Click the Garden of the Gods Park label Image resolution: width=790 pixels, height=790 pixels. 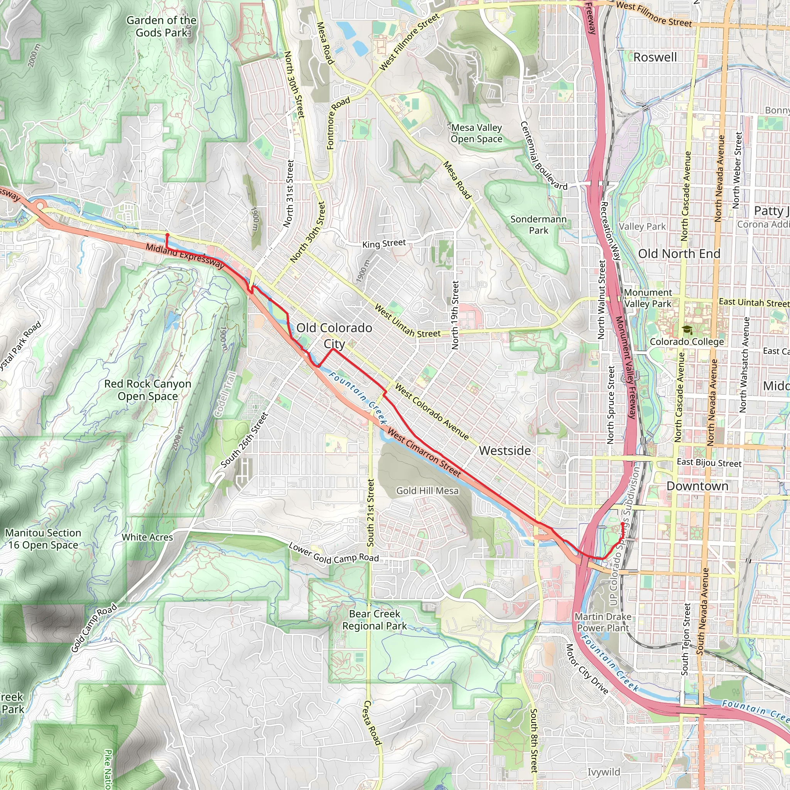click(x=161, y=26)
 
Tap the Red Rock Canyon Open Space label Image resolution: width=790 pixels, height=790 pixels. click(x=148, y=390)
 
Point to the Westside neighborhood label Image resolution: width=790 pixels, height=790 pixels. click(x=505, y=451)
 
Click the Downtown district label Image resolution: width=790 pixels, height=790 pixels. click(x=697, y=486)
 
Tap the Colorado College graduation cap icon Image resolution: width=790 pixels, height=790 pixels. click(x=687, y=329)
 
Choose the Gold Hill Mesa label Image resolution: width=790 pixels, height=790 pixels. click(x=427, y=491)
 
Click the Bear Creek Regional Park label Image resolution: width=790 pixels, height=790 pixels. click(x=375, y=620)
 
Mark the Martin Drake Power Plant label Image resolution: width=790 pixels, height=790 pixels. click(x=603, y=622)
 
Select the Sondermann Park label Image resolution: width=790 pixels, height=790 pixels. click(x=538, y=225)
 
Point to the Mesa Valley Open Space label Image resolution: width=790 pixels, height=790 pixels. click(x=476, y=133)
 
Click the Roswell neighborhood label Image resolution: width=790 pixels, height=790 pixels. click(x=655, y=57)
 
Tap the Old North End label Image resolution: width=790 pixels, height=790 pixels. click(x=679, y=253)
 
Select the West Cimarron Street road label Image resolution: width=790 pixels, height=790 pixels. click(x=424, y=452)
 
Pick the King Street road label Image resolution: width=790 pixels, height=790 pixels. click(x=384, y=244)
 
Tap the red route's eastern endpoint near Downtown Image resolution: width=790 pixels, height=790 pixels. click(x=622, y=523)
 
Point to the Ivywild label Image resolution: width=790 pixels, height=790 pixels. click(x=604, y=771)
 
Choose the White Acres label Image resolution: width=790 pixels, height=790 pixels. click(x=147, y=537)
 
